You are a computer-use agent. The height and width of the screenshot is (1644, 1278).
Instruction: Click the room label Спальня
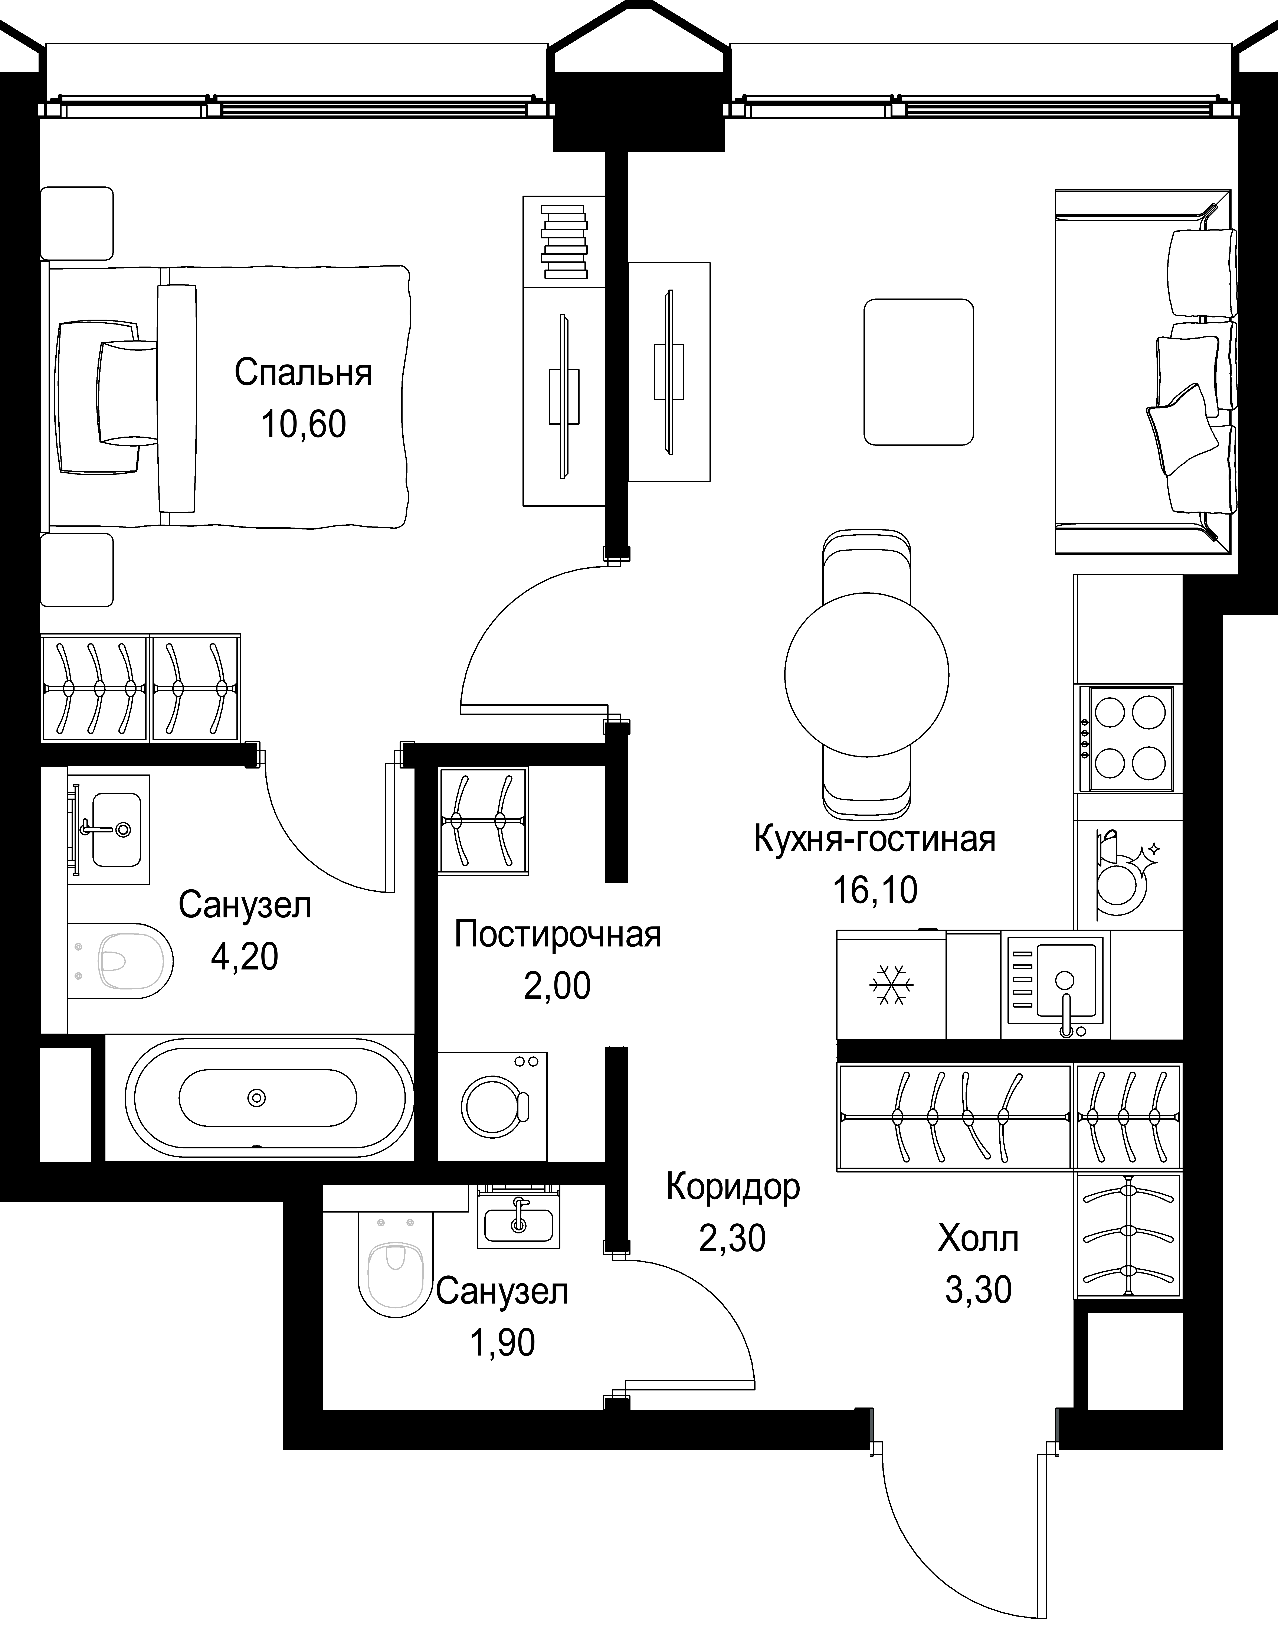pos(303,373)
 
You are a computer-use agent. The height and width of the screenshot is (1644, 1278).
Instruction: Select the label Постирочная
pos(558,935)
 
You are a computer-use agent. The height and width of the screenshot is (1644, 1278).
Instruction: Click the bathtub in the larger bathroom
pos(269,1098)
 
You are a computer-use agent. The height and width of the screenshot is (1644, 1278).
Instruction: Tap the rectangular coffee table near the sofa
pos(918,372)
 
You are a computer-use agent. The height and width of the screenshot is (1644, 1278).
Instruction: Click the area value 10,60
pos(303,425)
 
